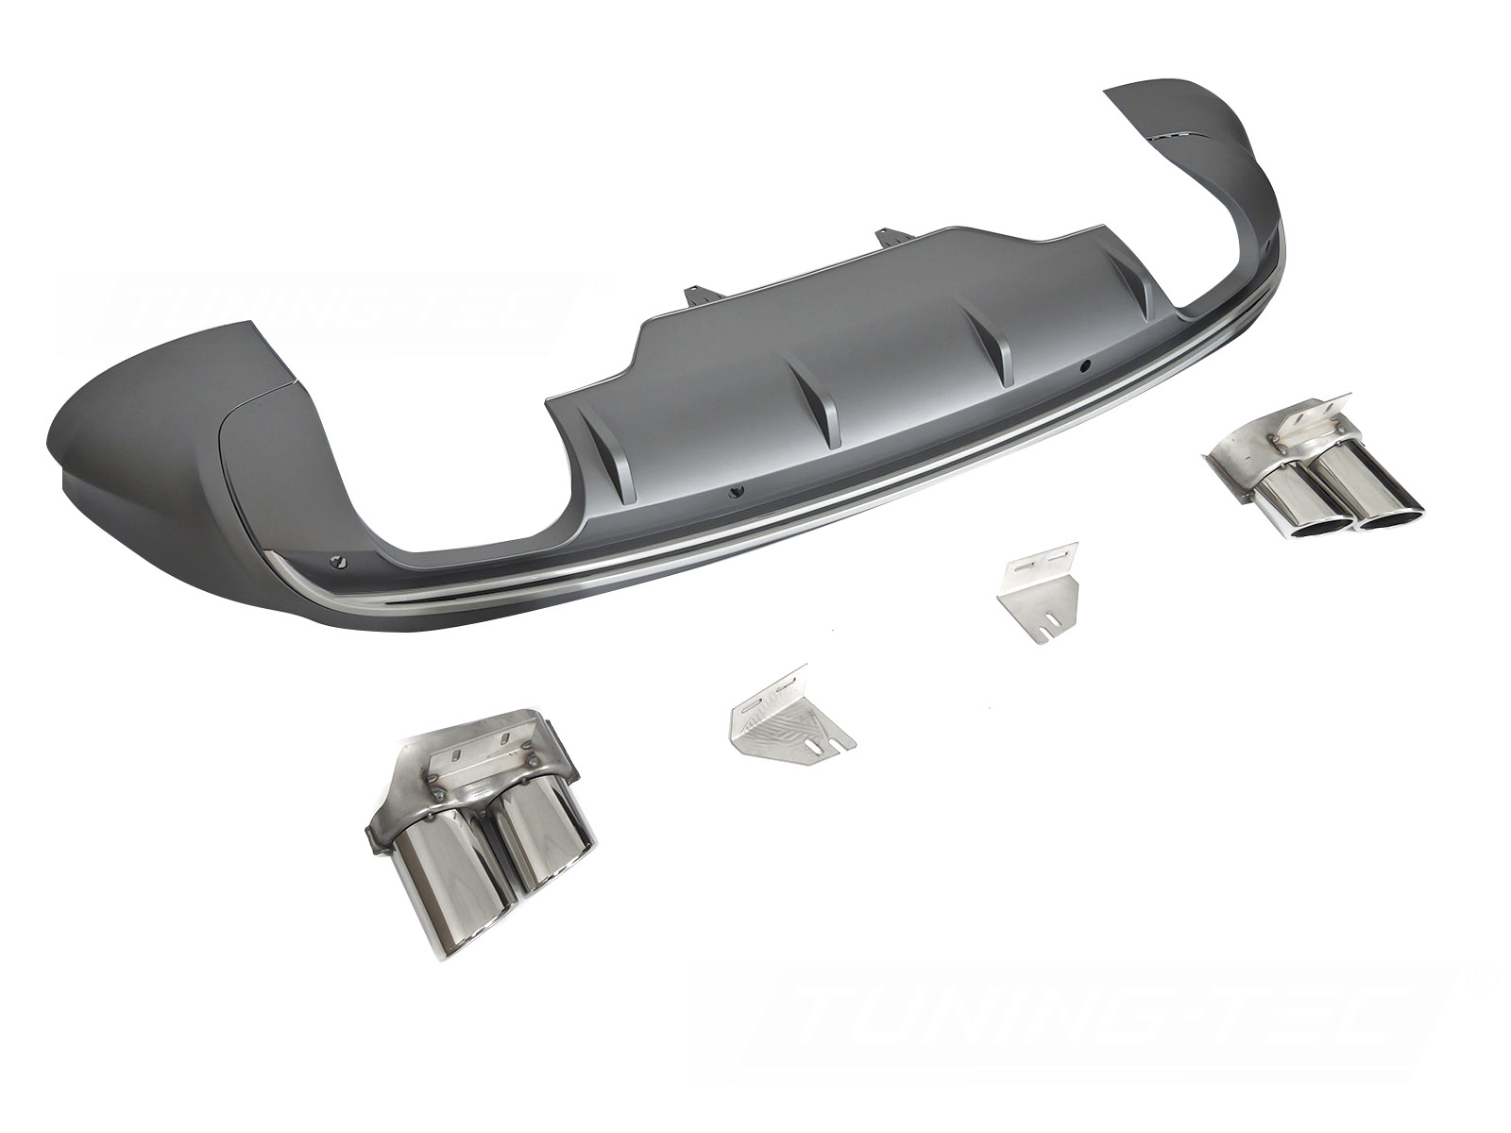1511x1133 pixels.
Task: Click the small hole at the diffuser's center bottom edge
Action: (x=738, y=491)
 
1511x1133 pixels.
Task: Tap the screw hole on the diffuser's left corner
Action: (x=337, y=562)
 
